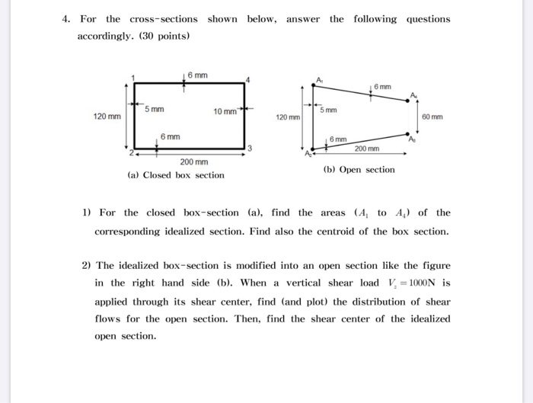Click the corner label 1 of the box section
click(x=132, y=78)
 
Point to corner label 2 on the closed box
click(x=131, y=153)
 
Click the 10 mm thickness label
click(x=225, y=111)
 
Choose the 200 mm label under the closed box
click(x=193, y=162)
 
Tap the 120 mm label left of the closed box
click(x=107, y=117)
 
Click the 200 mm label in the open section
click(x=366, y=149)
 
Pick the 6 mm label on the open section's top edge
click(x=383, y=88)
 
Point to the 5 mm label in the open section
click(x=328, y=111)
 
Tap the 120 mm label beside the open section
click(x=287, y=118)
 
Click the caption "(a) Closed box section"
click(x=176, y=175)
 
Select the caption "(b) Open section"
click(x=359, y=169)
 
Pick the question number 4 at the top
click(x=66, y=19)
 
